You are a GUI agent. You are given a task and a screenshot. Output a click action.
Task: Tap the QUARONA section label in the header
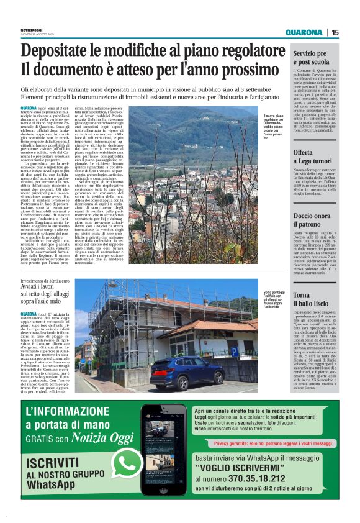coord(304,32)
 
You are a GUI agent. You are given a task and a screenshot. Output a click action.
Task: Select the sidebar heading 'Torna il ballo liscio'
coord(311,298)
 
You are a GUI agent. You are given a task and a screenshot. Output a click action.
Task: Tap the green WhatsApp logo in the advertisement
coord(127,462)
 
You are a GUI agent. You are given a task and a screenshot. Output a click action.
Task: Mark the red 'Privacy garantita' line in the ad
coord(274,443)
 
